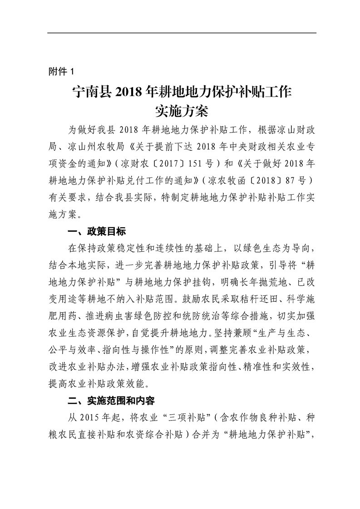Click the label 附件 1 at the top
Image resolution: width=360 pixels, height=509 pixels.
tap(61, 71)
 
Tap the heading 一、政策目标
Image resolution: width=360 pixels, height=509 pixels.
tap(96, 232)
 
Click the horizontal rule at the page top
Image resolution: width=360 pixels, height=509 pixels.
tap(182, 33)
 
